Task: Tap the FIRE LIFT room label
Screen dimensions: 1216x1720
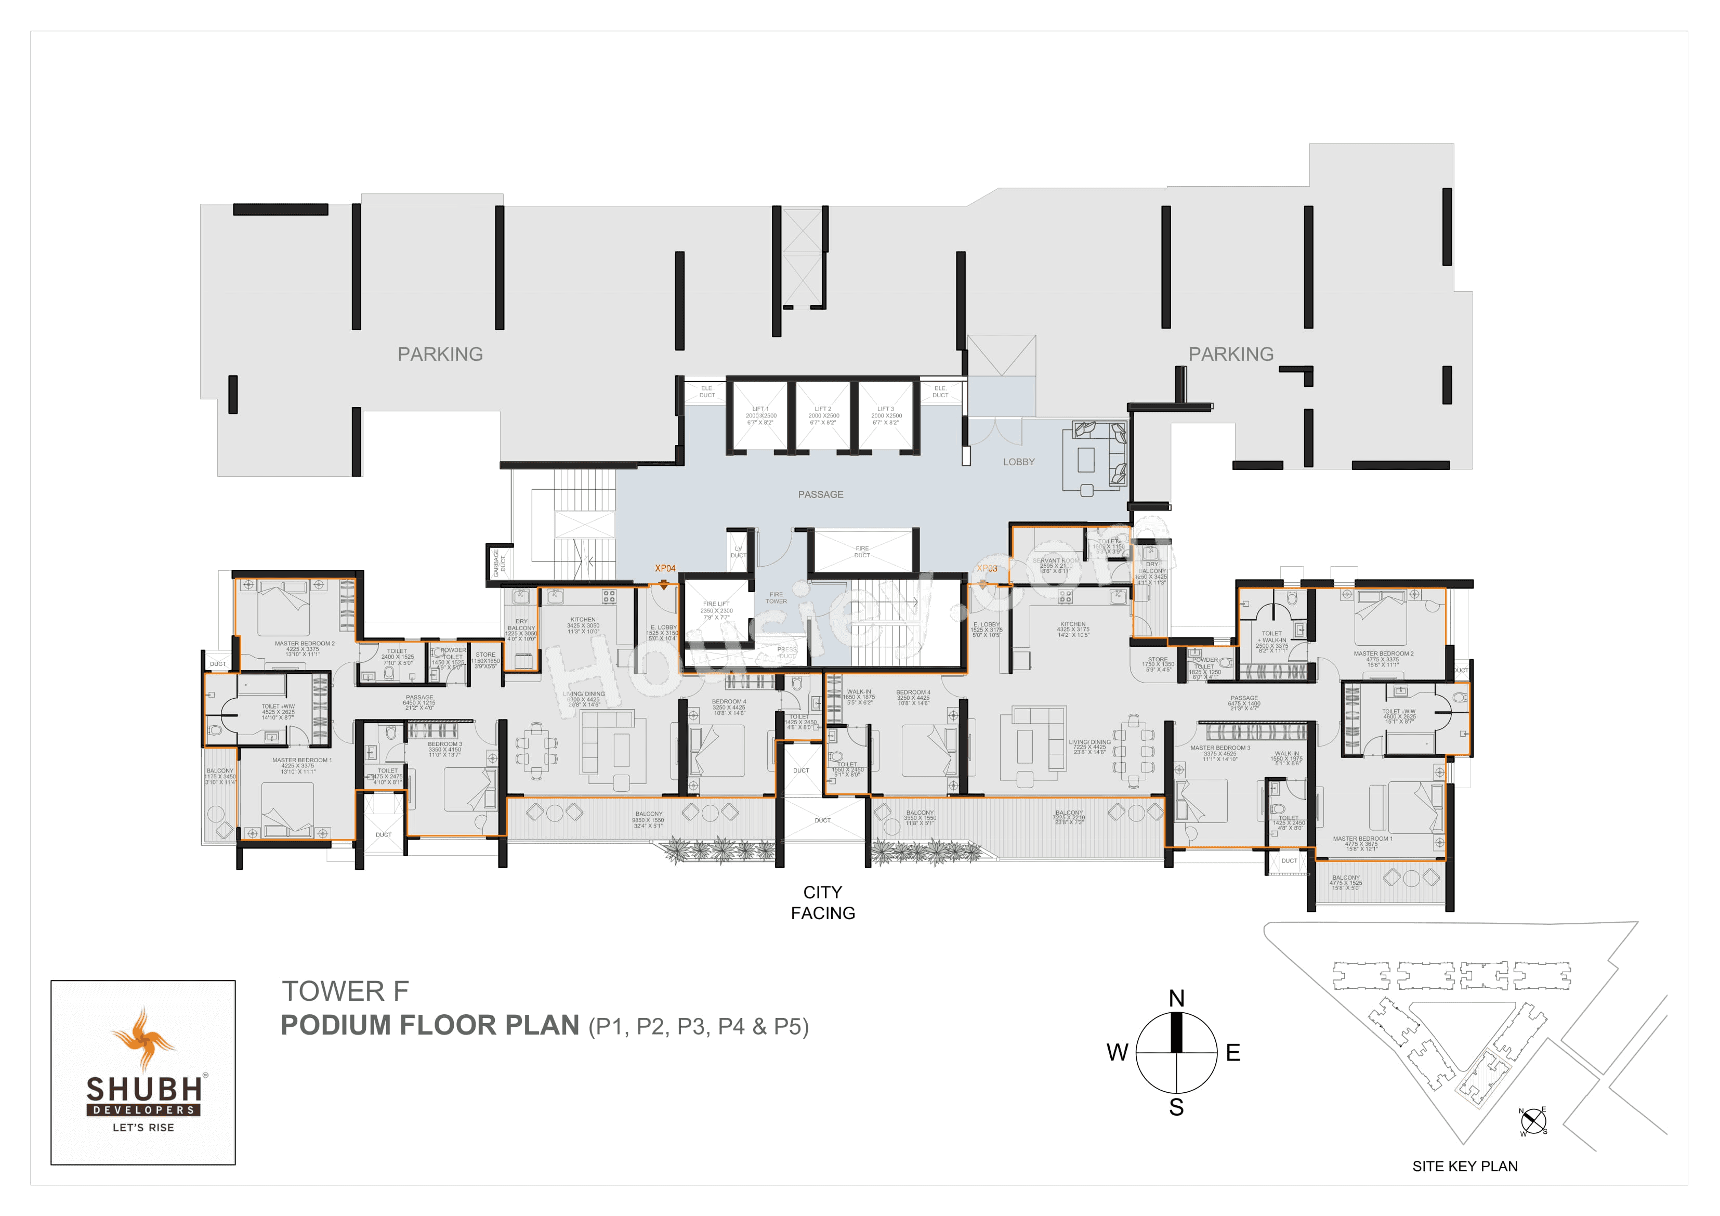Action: point(716,604)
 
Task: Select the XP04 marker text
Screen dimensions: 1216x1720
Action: point(664,568)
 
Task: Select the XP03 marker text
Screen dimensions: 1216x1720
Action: point(987,568)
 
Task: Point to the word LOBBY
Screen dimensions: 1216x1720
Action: point(1018,462)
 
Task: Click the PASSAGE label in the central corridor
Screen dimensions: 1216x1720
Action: point(820,494)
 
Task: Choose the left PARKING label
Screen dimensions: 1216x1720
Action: point(440,355)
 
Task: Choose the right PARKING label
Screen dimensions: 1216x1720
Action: point(1231,355)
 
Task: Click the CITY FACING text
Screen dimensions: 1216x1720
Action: point(822,902)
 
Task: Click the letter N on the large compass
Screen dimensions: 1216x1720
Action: point(1176,998)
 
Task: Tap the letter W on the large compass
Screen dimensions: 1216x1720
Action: point(1117,1053)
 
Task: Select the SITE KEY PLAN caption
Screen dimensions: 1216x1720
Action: point(1465,1166)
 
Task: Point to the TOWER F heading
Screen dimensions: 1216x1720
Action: point(345,991)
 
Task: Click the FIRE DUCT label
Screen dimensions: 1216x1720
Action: point(862,552)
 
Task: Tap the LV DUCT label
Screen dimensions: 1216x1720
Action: point(738,552)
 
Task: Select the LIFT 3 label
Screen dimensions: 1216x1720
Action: point(886,409)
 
